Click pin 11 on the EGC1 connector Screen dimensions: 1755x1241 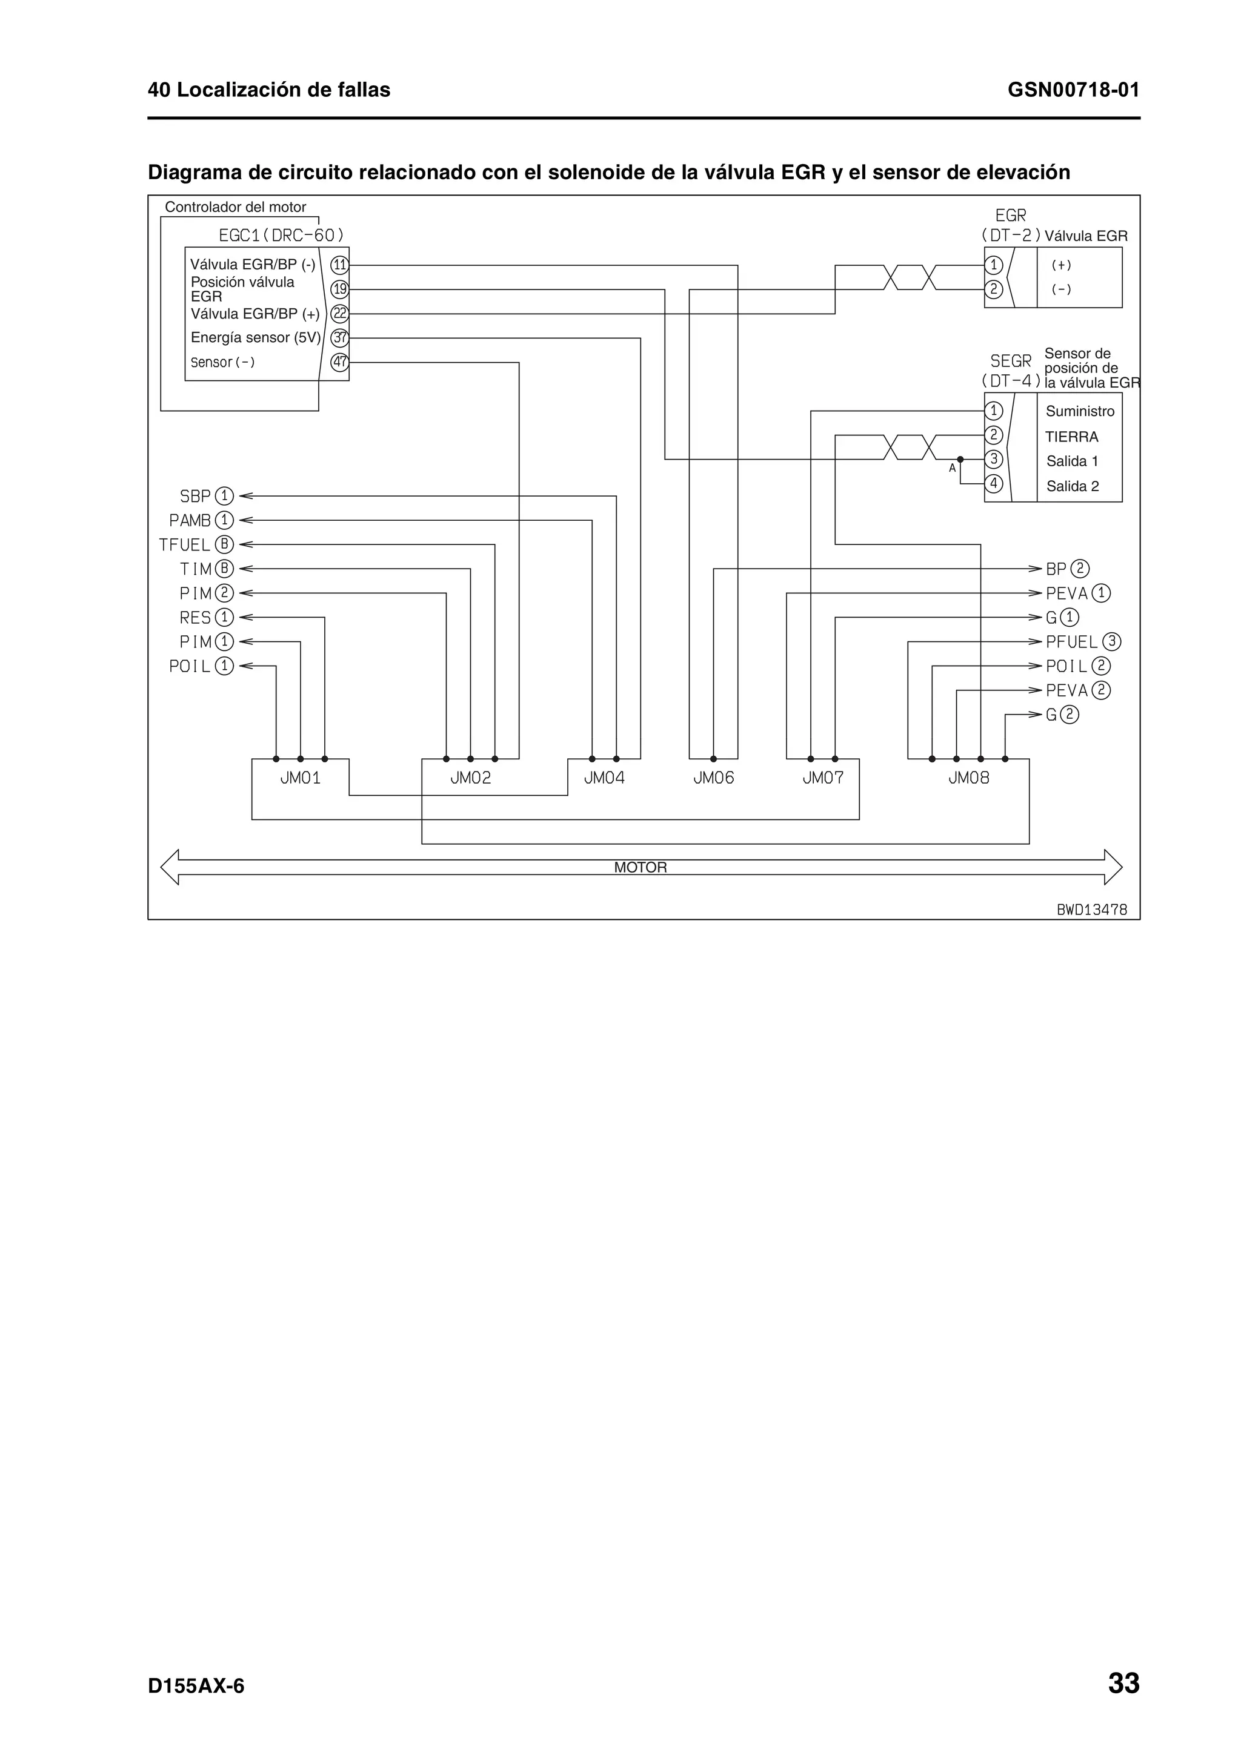click(x=339, y=265)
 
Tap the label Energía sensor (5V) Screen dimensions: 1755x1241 click(x=255, y=337)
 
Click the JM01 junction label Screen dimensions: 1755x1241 click(x=301, y=778)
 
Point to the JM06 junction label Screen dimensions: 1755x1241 click(x=713, y=778)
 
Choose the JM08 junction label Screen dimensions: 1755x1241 click(x=969, y=778)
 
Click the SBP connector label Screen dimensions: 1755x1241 click(x=195, y=496)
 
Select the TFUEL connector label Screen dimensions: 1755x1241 click(x=184, y=545)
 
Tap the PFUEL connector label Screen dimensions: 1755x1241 click(x=1071, y=642)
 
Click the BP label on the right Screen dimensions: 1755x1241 click(x=1056, y=569)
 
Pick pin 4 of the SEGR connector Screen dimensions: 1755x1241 click(x=993, y=484)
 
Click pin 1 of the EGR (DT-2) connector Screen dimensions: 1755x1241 click(x=993, y=265)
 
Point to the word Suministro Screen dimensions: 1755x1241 click(x=1080, y=411)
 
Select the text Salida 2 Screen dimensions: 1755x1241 click(x=1072, y=486)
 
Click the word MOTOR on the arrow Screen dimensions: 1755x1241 click(x=640, y=868)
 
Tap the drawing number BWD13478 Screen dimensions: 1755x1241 click(x=1091, y=910)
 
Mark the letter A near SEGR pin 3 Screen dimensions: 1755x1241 click(x=952, y=468)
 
